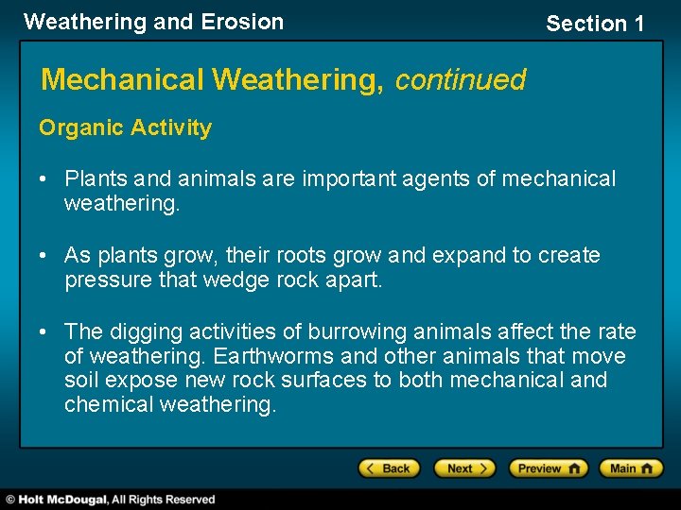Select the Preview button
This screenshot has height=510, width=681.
click(x=548, y=468)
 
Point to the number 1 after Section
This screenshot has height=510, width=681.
click(x=637, y=24)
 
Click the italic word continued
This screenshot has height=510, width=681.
click(x=460, y=79)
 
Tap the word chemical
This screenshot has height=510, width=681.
click(x=110, y=404)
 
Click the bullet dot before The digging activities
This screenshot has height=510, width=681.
click(x=46, y=332)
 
